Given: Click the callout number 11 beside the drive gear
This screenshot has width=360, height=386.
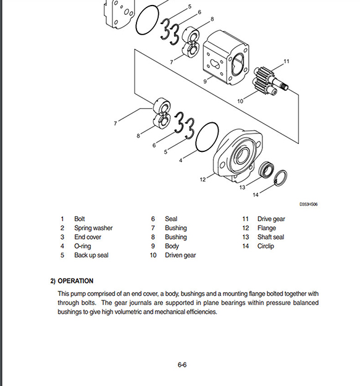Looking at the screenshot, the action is coord(286,61).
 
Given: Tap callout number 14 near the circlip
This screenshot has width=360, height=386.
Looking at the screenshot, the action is coord(256,195).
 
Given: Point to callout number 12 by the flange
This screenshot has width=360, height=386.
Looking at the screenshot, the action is coord(203,180).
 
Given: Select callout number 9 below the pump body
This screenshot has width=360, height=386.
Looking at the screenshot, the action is coord(205,82).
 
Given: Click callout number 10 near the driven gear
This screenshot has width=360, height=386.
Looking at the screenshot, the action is coord(240,101).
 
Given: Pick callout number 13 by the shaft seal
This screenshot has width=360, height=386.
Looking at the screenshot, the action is coord(243,187).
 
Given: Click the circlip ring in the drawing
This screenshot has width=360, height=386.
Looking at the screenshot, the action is coord(280,178).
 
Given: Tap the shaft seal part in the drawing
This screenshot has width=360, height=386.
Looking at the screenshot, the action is coord(267,170).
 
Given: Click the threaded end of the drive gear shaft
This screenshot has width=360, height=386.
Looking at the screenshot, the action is coord(285,86).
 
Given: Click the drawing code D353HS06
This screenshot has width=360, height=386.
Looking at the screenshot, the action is coord(308,204).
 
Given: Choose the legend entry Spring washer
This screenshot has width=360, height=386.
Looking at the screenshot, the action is coord(93,228).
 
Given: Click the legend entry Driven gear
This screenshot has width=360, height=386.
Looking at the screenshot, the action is coord(180,255).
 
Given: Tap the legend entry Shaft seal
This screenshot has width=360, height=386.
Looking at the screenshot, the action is coord(270,237).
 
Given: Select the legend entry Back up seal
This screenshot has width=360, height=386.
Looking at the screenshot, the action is coord(91,255).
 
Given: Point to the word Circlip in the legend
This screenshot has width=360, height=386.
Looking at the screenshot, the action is coord(266,246).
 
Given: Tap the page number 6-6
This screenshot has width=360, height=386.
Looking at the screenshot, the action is coord(182,364).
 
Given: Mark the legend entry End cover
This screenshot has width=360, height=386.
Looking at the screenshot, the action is coord(88,237).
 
